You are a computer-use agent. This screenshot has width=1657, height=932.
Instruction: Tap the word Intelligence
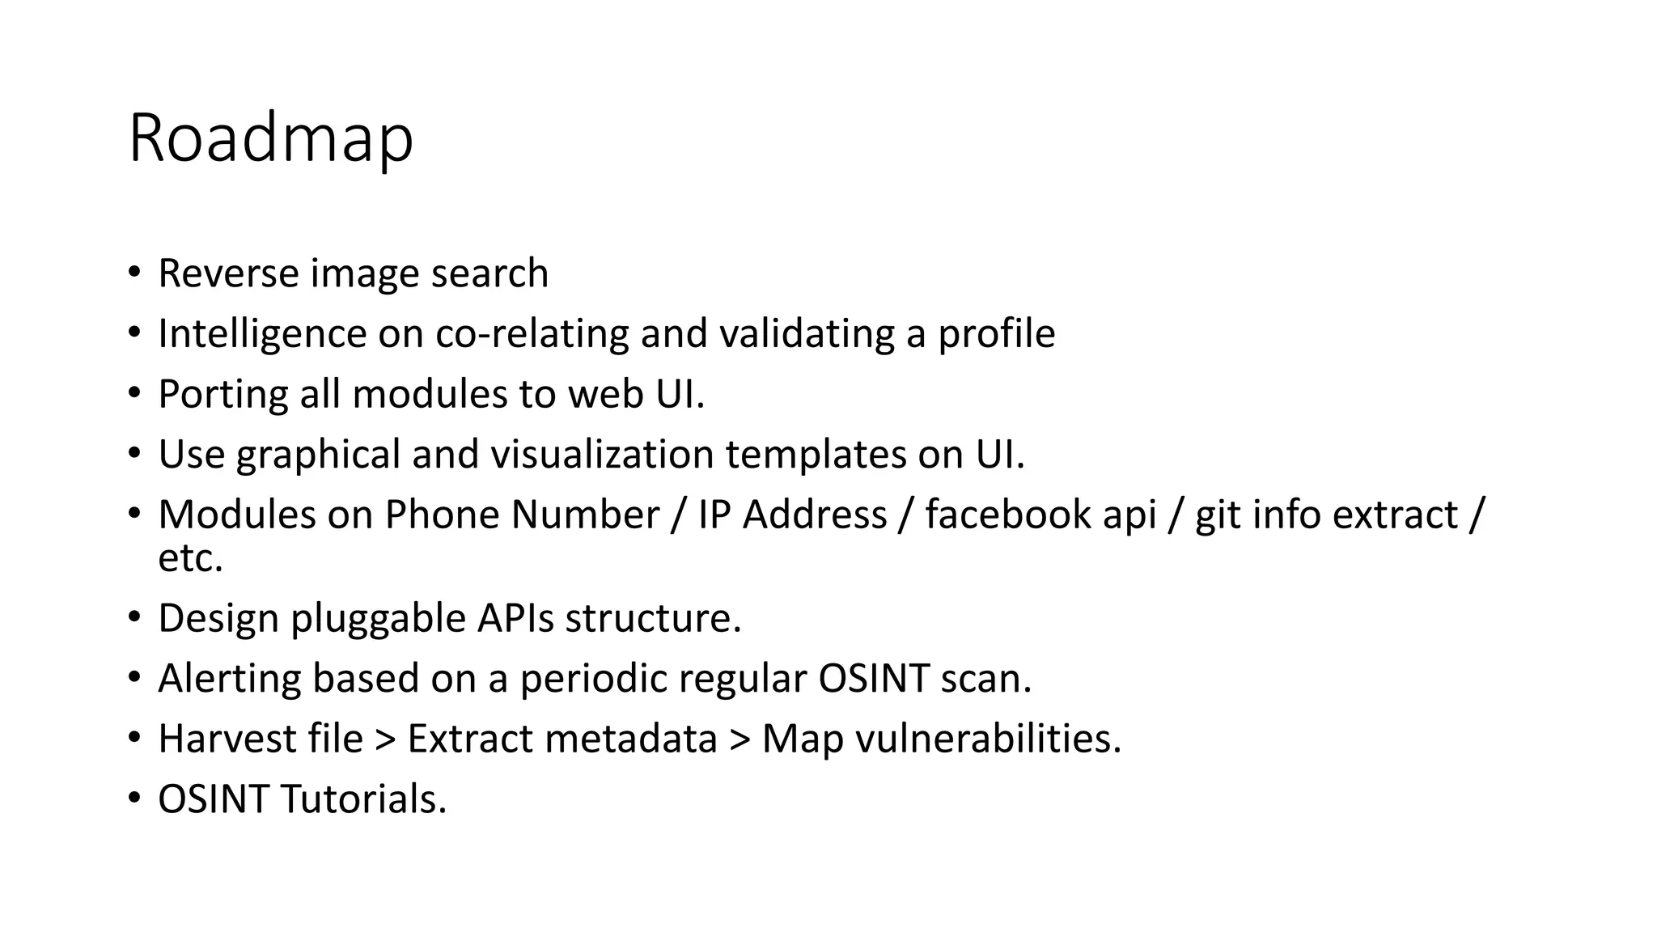(262, 333)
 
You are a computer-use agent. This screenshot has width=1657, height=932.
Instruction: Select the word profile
(996, 333)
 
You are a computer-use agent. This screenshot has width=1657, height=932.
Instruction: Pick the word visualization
(602, 454)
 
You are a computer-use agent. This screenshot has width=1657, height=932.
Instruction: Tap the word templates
(815, 454)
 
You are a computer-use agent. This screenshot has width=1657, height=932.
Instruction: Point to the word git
(1217, 515)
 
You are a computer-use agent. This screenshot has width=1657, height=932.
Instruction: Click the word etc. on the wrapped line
(190, 557)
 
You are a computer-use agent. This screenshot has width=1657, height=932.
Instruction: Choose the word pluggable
(378, 618)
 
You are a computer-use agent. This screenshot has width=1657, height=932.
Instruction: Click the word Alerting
(229, 678)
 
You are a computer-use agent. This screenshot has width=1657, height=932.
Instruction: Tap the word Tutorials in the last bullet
(363, 799)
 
